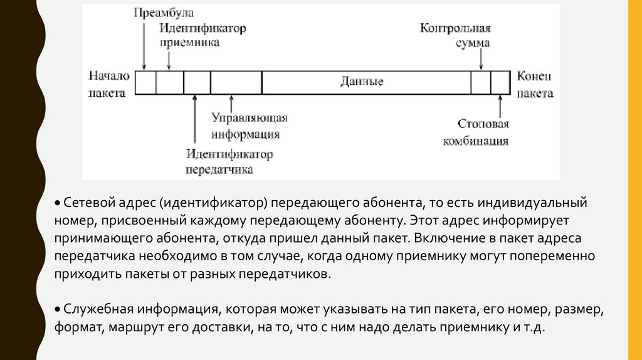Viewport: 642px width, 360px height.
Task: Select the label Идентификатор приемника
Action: [x=202, y=36]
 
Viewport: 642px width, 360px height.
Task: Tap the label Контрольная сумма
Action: [x=456, y=36]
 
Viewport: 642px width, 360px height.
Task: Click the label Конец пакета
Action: [x=535, y=84]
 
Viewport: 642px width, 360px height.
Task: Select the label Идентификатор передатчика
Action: [x=229, y=161]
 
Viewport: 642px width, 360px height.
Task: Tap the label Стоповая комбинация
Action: [x=476, y=132]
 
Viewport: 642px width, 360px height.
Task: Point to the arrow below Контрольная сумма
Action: [x=481, y=60]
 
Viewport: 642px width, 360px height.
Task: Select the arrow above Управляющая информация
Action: [x=232, y=103]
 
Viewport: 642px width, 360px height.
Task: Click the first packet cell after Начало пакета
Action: [x=146, y=83]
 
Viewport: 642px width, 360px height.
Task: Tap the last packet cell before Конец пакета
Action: [x=500, y=83]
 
